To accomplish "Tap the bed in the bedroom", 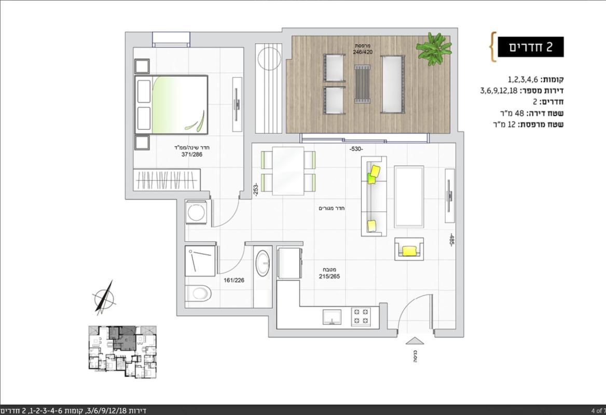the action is coord(171,104).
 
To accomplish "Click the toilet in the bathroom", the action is coord(198,294).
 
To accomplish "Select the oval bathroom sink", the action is coord(263,263).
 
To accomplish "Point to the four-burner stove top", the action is coord(361,316).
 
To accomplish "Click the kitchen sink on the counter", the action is coord(332,317).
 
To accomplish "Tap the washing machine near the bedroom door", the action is coord(196,212).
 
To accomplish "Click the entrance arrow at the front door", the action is coord(415,340).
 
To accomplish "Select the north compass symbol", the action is coord(104,297).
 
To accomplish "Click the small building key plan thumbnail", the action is coord(122,352).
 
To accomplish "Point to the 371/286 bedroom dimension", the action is coord(191,155).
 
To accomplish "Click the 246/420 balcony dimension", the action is coord(363,51).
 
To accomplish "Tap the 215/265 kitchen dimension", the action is coord(329,276).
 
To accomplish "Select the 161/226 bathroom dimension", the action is coord(234,280).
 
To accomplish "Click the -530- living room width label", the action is coord(356,149).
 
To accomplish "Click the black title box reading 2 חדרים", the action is coord(530,47).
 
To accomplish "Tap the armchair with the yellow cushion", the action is coord(409,249).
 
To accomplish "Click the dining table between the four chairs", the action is coord(288,171).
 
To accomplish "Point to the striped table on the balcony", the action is coord(363,84).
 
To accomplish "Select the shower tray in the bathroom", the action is coord(200,261).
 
